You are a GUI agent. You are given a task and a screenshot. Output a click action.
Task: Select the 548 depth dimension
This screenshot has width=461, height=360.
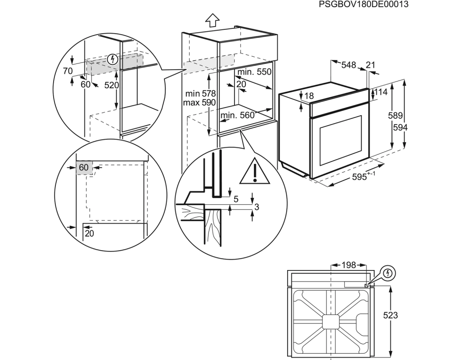(x=348, y=65)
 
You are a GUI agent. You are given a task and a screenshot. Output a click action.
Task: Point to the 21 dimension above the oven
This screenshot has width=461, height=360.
(x=370, y=65)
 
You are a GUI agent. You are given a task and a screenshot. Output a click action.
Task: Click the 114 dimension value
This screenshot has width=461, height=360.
(x=381, y=92)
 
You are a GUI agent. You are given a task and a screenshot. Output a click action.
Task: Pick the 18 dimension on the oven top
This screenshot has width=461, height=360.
(x=308, y=96)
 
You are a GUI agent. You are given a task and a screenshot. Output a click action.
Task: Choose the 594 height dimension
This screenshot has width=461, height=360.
(x=400, y=128)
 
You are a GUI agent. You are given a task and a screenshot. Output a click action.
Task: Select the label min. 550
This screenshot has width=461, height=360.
(x=254, y=72)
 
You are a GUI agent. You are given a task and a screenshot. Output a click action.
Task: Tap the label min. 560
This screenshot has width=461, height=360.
(x=237, y=116)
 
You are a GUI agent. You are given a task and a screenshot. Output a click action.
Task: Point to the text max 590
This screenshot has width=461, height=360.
(x=200, y=103)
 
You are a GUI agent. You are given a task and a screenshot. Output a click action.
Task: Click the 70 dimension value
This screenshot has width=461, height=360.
(x=68, y=71)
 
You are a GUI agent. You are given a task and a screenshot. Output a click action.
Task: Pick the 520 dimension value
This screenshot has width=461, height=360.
(x=111, y=85)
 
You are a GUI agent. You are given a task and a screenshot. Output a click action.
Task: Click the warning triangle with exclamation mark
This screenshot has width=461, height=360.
(x=255, y=171)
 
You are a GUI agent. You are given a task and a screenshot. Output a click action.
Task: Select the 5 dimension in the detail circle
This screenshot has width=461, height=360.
(x=236, y=198)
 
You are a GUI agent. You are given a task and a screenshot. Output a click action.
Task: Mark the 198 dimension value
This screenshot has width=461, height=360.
(x=348, y=265)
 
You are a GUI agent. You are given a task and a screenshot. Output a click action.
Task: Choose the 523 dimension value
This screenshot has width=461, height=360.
(x=391, y=315)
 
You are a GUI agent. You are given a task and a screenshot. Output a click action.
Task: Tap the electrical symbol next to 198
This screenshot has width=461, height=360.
(x=389, y=273)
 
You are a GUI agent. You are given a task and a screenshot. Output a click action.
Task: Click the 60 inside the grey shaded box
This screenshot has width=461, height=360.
(x=84, y=167)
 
